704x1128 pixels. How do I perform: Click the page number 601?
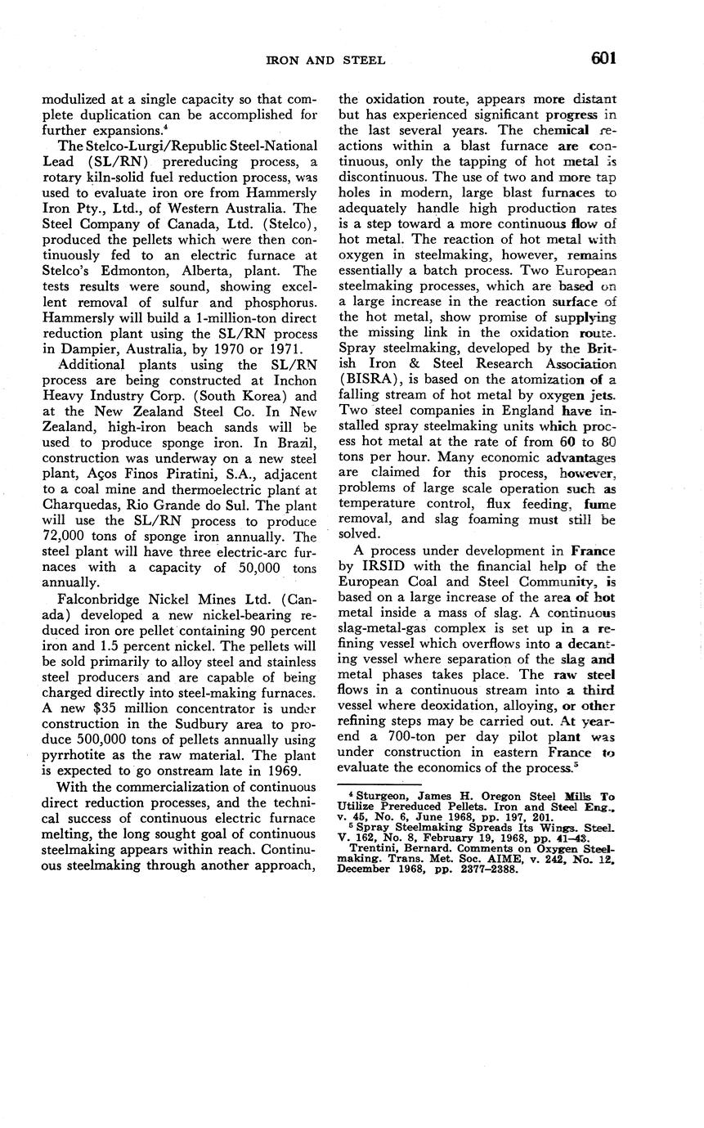tap(599, 58)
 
